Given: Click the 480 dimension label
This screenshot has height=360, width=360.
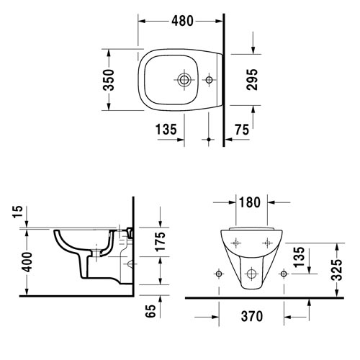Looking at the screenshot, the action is (x=182, y=21).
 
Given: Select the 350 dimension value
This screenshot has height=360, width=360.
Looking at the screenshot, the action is (x=109, y=80).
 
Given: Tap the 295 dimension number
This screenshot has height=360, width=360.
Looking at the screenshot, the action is (x=252, y=79).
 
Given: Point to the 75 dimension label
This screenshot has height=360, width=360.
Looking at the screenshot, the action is (x=242, y=130).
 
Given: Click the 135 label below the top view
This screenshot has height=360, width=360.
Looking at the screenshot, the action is (x=166, y=130).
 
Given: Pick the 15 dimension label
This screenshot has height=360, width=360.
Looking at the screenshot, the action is (x=18, y=212).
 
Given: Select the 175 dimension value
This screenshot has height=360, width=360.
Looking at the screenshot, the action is (x=161, y=241).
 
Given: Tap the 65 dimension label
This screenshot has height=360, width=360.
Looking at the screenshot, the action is (x=150, y=311).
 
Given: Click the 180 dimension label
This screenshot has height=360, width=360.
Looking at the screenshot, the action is (x=250, y=202).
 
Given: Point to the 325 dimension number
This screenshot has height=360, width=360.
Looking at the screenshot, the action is (x=336, y=269).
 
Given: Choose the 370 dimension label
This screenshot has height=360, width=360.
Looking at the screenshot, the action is (x=252, y=316).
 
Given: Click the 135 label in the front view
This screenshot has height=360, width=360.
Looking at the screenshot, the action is (x=299, y=257).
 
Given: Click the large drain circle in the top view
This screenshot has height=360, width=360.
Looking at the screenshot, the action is (x=184, y=80).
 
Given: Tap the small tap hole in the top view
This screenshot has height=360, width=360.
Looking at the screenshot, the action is (x=209, y=80).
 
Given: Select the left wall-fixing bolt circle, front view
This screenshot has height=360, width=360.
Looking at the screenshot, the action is (x=219, y=274).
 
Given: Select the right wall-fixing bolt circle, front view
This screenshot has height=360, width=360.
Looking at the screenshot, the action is (x=284, y=274).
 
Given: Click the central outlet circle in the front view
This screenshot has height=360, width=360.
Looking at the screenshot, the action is (x=251, y=274).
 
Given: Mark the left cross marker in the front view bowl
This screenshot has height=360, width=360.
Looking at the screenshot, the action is (x=236, y=243).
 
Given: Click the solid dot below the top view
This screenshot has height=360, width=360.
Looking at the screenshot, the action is (x=209, y=140).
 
